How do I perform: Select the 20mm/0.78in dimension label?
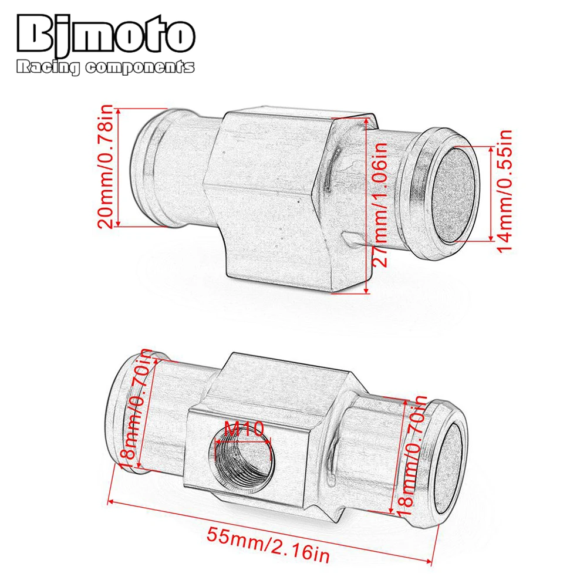105,167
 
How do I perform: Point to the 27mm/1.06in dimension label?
382,205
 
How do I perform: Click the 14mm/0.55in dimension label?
504,191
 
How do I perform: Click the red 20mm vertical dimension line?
119,167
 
